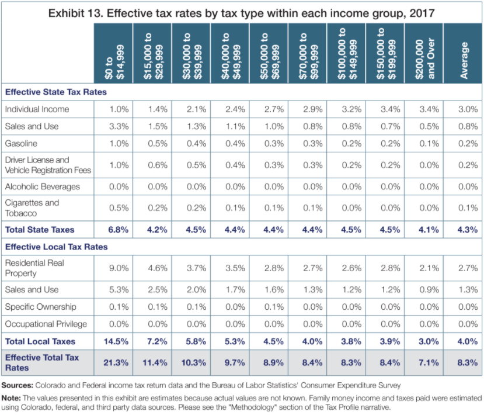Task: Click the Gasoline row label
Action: pos(21,143)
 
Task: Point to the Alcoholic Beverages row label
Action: pos(42,186)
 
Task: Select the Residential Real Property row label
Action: pos(34,268)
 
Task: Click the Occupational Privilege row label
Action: pos(46,323)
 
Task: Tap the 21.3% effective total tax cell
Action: pos(116,362)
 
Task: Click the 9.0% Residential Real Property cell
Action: pos(119,268)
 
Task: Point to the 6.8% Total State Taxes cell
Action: pos(118,230)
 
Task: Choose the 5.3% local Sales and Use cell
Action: pos(119,289)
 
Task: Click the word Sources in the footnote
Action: pos(18,385)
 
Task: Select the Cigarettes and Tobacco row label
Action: pos(32,208)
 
